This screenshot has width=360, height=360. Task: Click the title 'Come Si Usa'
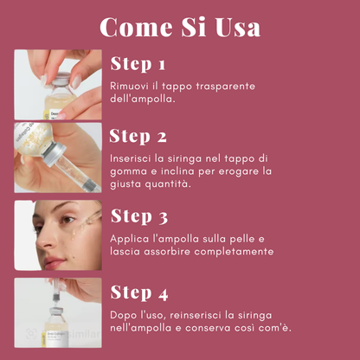[x=180, y=27]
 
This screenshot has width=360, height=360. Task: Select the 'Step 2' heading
[x=138, y=137]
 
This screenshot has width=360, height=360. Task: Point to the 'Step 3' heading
[x=139, y=215]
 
